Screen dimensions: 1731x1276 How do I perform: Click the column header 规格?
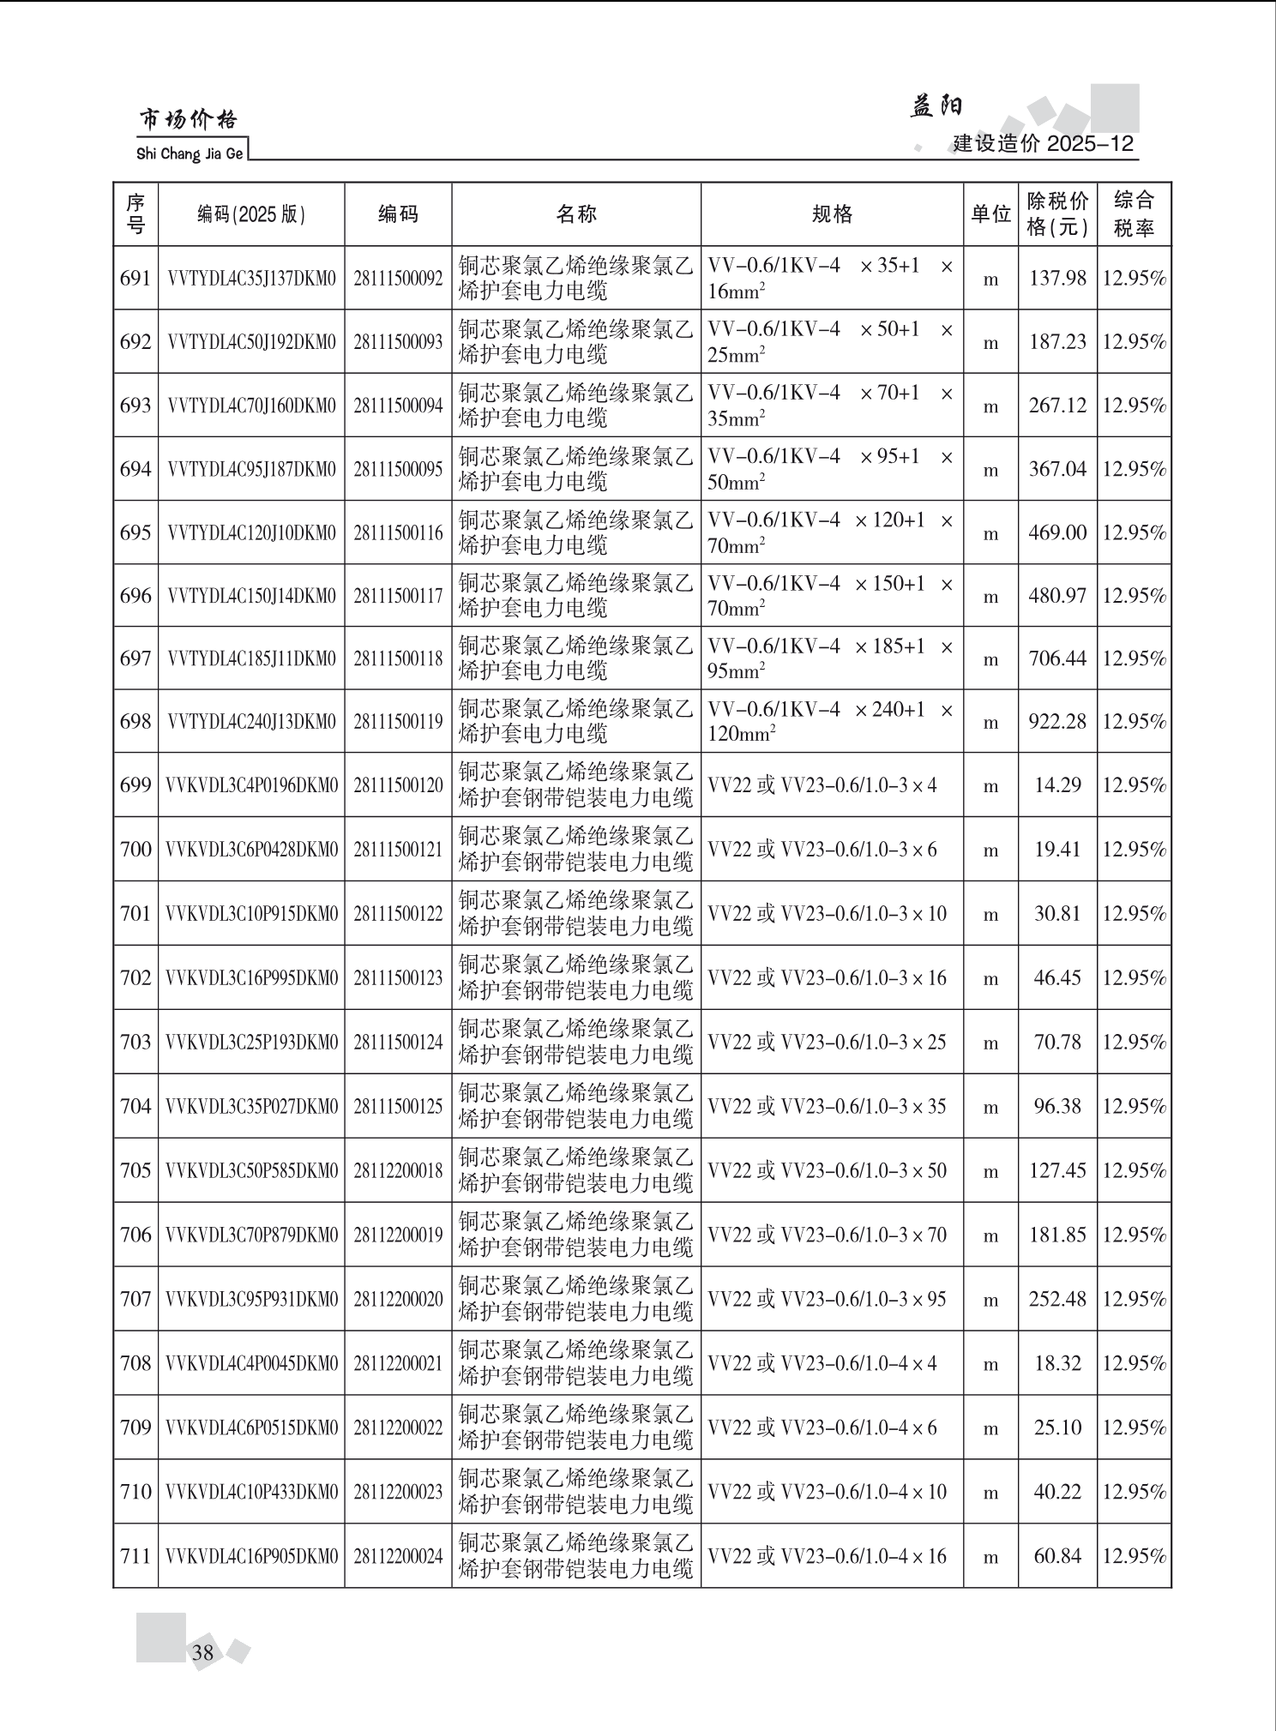click(x=832, y=214)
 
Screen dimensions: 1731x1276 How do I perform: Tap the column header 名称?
click(x=575, y=214)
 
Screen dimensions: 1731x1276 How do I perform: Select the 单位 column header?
click(x=990, y=214)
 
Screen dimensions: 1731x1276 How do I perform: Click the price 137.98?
click(x=1057, y=279)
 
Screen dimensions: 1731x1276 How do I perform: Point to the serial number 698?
click(x=135, y=721)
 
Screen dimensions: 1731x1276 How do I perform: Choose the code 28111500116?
click(x=398, y=532)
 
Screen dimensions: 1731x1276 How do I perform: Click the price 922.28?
click(x=1057, y=721)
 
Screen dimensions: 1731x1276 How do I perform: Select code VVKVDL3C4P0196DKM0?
click(x=251, y=785)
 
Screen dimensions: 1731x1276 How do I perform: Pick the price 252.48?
click(x=1057, y=1299)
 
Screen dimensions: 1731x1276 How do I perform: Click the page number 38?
click(x=202, y=1652)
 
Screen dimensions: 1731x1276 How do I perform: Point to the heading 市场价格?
click(x=189, y=120)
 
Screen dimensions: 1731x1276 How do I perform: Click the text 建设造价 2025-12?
click(x=1043, y=143)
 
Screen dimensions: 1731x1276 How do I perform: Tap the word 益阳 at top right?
click(x=936, y=106)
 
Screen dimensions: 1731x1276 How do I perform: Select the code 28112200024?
click(x=398, y=1555)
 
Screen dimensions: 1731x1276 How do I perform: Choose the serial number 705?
click(x=135, y=1170)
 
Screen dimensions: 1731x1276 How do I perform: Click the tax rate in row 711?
click(x=1134, y=1555)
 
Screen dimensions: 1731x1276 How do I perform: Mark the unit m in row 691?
click(x=990, y=279)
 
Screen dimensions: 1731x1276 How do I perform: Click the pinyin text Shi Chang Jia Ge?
click(x=190, y=154)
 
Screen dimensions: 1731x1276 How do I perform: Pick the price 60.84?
click(x=1057, y=1555)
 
